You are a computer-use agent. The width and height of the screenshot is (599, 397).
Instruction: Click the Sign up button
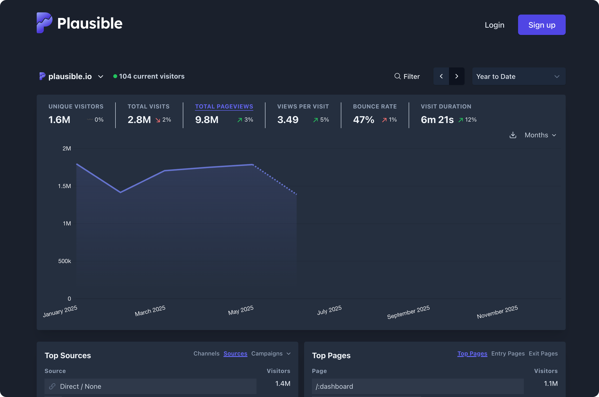541,25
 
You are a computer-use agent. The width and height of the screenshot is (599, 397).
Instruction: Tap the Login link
494,25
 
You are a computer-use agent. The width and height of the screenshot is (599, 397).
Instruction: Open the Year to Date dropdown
518,76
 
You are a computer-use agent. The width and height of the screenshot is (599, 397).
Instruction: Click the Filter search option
407,76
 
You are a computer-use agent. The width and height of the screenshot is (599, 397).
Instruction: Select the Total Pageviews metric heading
224,106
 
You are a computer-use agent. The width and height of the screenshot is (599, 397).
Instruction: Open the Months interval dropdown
540,135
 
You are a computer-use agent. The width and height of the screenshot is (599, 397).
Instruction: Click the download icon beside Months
513,135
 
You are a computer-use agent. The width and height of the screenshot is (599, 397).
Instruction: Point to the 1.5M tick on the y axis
64,186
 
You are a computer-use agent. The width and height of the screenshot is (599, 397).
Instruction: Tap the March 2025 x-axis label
150,311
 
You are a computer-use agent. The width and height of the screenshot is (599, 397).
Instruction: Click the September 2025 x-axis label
408,312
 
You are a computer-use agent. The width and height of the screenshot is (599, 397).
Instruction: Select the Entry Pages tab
508,354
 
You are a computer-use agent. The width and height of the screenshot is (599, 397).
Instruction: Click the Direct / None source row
150,386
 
